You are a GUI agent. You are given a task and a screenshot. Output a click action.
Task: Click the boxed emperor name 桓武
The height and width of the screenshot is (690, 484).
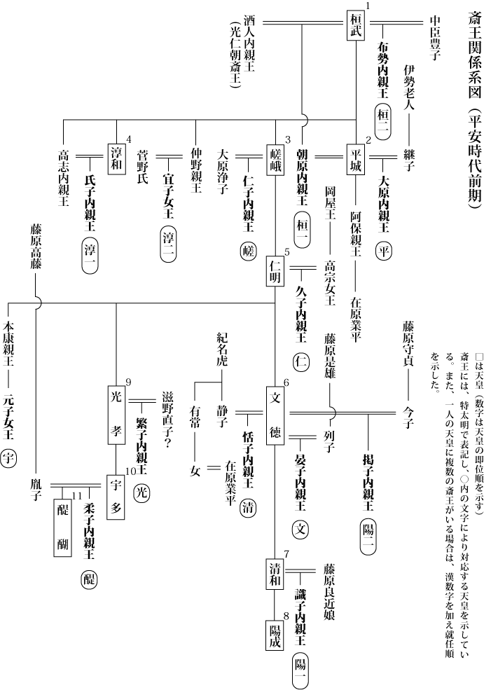(x=357, y=26)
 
